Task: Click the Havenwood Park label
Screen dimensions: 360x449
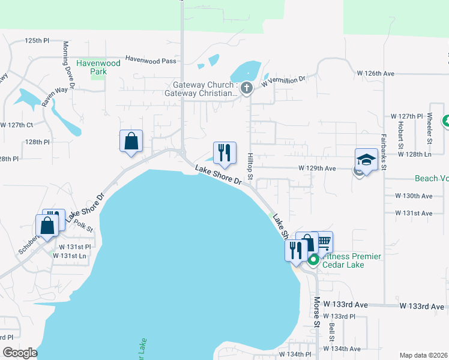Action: pyautogui.click(x=98, y=67)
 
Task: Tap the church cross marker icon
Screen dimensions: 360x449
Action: pyautogui.click(x=246, y=89)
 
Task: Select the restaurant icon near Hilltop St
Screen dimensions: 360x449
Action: pyautogui.click(x=225, y=153)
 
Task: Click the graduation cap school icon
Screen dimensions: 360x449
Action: pyautogui.click(x=366, y=160)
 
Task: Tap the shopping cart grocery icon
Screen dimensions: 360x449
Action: pyautogui.click(x=323, y=242)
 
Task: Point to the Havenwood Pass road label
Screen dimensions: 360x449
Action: pyautogui.click(x=151, y=61)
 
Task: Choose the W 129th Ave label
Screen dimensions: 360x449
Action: pyautogui.click(x=317, y=169)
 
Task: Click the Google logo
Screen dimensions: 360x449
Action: pyautogui.click(x=20, y=353)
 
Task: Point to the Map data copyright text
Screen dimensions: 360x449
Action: pyautogui.click(x=423, y=355)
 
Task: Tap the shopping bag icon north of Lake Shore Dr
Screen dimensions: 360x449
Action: pyautogui.click(x=131, y=142)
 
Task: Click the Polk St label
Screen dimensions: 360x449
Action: pyautogui.click(x=86, y=225)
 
